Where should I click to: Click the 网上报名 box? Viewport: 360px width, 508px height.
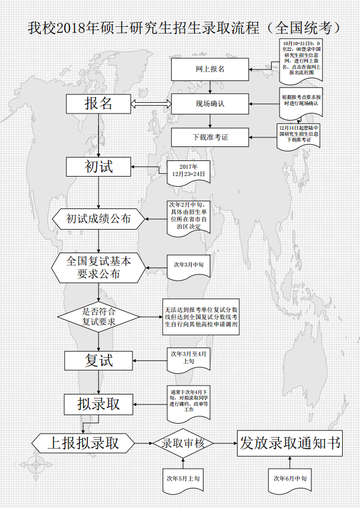coord(210,69)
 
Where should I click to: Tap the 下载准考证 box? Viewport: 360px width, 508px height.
coord(210,137)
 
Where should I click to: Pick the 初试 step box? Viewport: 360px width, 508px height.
coord(98,166)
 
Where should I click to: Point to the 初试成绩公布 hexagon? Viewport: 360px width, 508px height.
coord(98,219)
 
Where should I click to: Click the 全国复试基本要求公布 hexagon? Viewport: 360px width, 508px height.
coord(98,267)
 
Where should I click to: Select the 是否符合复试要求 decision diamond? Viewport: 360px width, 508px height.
coord(98,317)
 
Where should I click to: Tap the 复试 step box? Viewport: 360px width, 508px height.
coord(98,360)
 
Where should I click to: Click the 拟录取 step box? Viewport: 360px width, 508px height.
coord(98,403)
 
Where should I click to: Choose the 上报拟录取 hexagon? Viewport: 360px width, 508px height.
coord(83,443)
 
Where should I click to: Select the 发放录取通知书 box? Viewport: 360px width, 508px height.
coord(290,443)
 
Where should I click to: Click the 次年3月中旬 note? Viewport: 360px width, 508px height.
coord(188,264)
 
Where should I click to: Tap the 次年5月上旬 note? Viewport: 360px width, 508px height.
coord(183,478)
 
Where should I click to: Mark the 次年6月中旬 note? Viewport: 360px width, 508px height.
coord(289,478)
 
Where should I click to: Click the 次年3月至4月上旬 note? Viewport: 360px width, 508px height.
coord(188,358)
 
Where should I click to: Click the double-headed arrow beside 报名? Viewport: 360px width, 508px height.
coord(150,103)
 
